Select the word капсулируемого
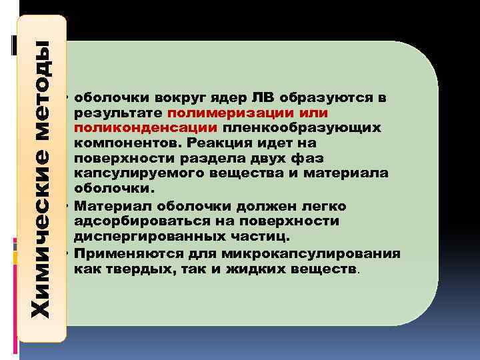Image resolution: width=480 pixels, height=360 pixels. tap(135, 173)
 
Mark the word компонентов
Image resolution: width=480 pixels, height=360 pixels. tap(128, 143)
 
